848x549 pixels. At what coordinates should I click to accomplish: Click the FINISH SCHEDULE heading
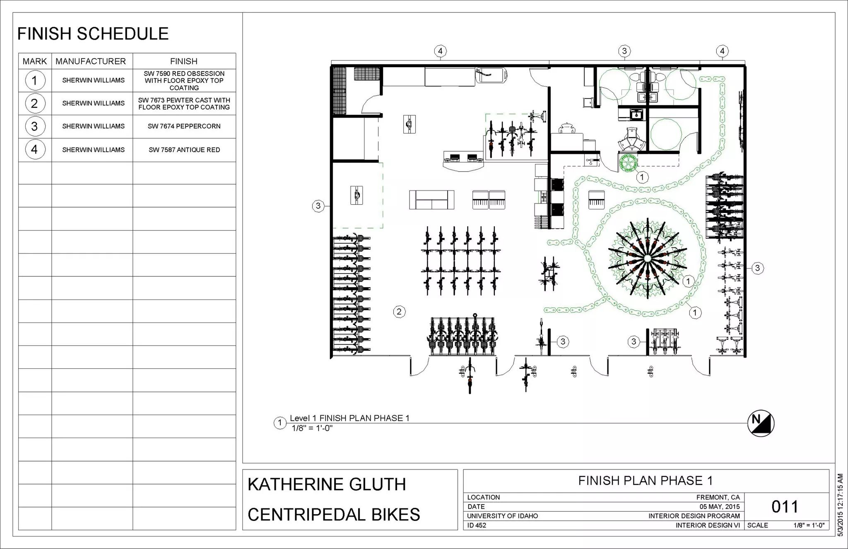(x=93, y=34)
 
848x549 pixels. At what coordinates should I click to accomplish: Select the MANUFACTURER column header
(x=91, y=61)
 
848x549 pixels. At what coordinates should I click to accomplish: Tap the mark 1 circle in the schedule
(x=34, y=80)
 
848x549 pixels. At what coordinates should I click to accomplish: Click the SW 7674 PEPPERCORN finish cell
(x=184, y=126)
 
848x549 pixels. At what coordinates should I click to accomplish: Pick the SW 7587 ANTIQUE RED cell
(x=184, y=150)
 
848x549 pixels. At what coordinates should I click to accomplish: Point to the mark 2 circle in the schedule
(x=34, y=103)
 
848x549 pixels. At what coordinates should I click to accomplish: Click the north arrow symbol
(x=761, y=423)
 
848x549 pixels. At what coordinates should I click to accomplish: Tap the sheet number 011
(x=785, y=507)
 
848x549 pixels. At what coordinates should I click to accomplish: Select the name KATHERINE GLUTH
(x=327, y=484)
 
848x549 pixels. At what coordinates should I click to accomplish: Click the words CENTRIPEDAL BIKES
(x=334, y=515)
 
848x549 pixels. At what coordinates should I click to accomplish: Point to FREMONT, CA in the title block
(x=718, y=497)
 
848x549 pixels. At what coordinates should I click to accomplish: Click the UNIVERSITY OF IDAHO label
(x=502, y=516)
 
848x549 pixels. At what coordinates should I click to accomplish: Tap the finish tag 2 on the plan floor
(x=399, y=312)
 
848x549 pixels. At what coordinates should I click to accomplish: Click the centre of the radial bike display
(x=648, y=258)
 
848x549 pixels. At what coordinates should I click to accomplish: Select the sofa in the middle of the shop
(x=431, y=200)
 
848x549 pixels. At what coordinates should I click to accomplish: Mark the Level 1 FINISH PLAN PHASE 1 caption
(x=349, y=418)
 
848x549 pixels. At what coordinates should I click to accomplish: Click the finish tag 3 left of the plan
(x=318, y=206)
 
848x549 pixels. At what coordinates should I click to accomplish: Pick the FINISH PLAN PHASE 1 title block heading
(x=645, y=481)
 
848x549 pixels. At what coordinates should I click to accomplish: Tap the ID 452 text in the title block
(x=477, y=525)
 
